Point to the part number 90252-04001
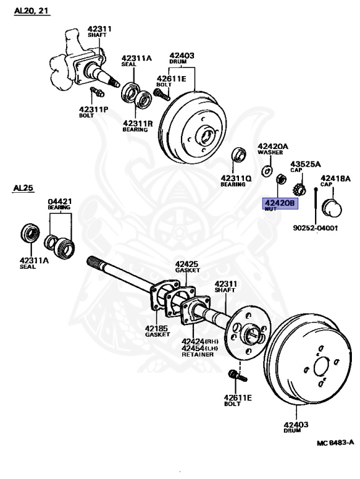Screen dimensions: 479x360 pos(315,227)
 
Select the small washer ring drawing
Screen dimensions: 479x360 pos(267,170)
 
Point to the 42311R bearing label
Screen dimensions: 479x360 pos(135,122)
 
